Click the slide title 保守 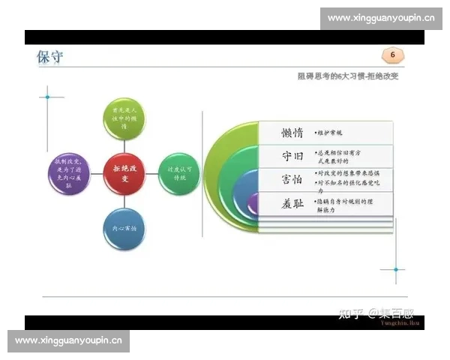tap(50, 58)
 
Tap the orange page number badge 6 tap(391, 55)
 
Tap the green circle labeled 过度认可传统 tap(178, 174)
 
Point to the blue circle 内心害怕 tap(124, 227)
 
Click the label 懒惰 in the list tap(281, 133)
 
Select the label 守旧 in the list tap(281, 156)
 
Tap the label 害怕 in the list tap(281, 180)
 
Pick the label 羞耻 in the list tap(281, 204)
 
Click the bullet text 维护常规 tap(330, 133)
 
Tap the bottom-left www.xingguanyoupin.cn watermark tap(68, 340)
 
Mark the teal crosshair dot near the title tap(48, 97)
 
